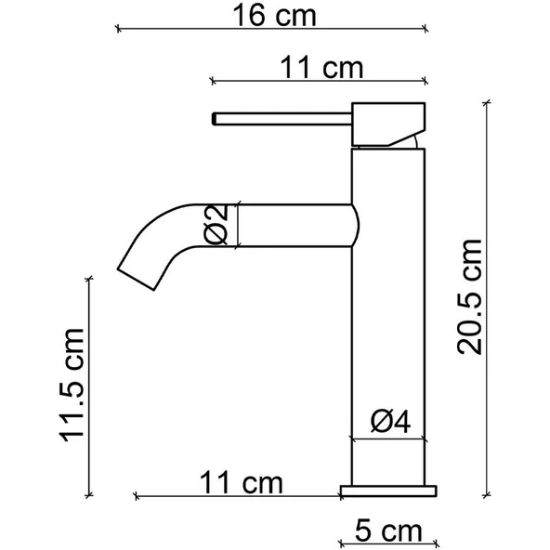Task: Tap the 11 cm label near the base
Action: click(240, 482)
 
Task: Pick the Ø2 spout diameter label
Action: click(216, 224)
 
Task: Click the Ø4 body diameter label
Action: click(391, 423)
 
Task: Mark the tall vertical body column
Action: click(389, 316)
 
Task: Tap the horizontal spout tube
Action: click(297, 224)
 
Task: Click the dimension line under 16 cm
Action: click(272, 30)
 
